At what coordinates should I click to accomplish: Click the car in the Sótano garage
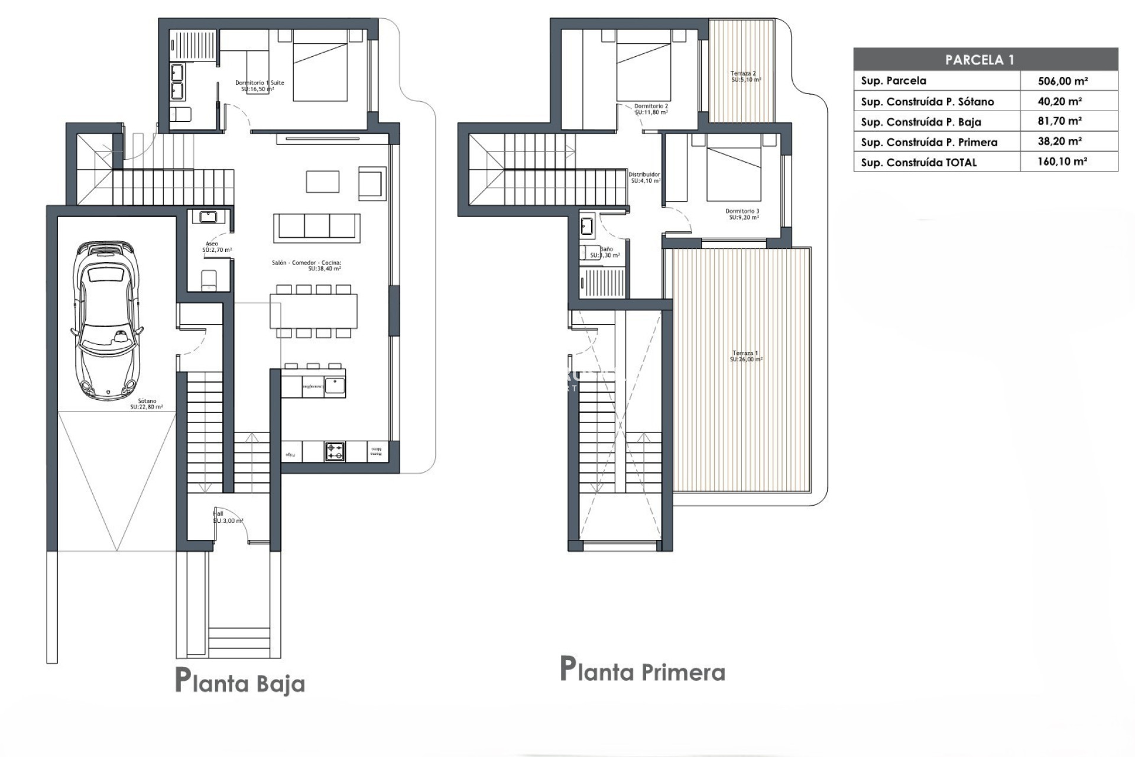click(x=107, y=319)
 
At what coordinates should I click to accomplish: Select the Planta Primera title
click(x=643, y=671)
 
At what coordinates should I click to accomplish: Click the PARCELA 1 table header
click(x=985, y=60)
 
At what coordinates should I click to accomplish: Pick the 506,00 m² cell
click(x=1062, y=81)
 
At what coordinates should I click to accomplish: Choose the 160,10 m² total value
click(x=1062, y=161)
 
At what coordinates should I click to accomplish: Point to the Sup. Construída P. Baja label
click(x=920, y=122)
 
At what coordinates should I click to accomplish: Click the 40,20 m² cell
click(x=1059, y=101)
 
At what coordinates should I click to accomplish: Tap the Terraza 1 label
click(x=745, y=356)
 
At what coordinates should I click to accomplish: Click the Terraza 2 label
click(x=745, y=76)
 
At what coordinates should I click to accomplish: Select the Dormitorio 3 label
click(x=742, y=214)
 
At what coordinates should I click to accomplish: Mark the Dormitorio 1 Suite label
click(x=259, y=86)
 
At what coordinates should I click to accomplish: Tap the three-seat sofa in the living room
click(x=317, y=227)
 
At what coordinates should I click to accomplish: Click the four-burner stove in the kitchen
click(x=335, y=452)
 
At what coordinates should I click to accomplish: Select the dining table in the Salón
click(x=313, y=312)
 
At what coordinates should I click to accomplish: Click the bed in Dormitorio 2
click(x=643, y=65)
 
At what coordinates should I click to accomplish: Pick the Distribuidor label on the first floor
click(x=644, y=177)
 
